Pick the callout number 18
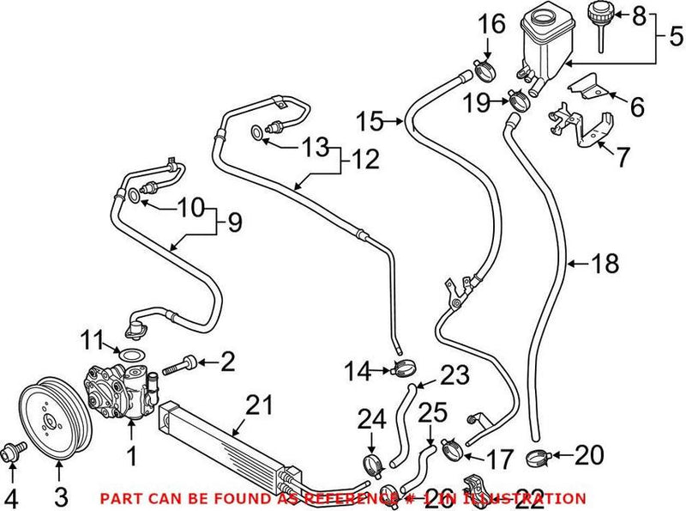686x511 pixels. coord(605,264)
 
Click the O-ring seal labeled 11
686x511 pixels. coord(128,354)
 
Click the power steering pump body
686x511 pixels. coord(119,388)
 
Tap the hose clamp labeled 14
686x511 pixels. coord(402,370)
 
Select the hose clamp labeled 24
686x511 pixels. coord(372,463)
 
